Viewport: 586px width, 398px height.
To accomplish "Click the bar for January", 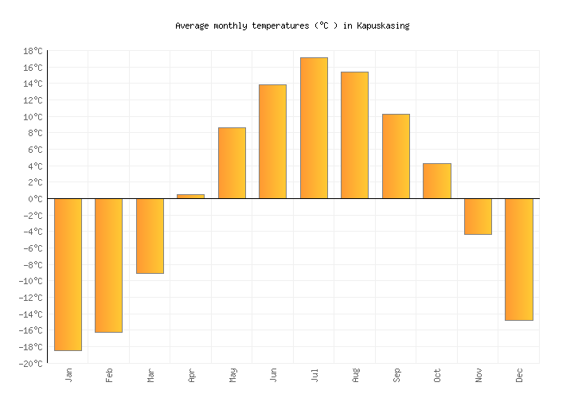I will [68, 274].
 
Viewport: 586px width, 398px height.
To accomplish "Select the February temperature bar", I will [108, 265].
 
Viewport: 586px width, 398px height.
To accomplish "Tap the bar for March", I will [150, 236].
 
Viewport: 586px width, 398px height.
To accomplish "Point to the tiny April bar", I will [190, 196].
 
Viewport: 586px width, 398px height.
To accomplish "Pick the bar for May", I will [232, 163].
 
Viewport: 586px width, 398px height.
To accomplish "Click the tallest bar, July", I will [314, 128].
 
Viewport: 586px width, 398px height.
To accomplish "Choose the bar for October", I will [436, 181].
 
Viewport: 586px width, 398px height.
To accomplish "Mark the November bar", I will [478, 217].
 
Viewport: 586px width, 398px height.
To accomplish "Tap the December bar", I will [518, 259].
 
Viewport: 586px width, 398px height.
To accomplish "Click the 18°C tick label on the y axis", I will [33, 51].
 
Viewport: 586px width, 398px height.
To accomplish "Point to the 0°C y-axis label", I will [35, 199].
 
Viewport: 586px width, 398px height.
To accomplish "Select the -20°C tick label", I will [30, 364].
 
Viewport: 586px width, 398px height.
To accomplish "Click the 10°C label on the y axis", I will [33, 117].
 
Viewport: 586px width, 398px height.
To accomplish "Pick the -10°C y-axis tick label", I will [30, 281].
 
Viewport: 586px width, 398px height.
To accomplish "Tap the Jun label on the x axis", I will [273, 374].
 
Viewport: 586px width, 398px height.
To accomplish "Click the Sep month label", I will [396, 374].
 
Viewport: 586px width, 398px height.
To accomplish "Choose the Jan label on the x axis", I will [68, 374].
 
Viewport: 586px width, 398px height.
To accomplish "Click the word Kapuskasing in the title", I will [382, 25].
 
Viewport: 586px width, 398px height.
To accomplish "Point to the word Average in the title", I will [192, 25].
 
